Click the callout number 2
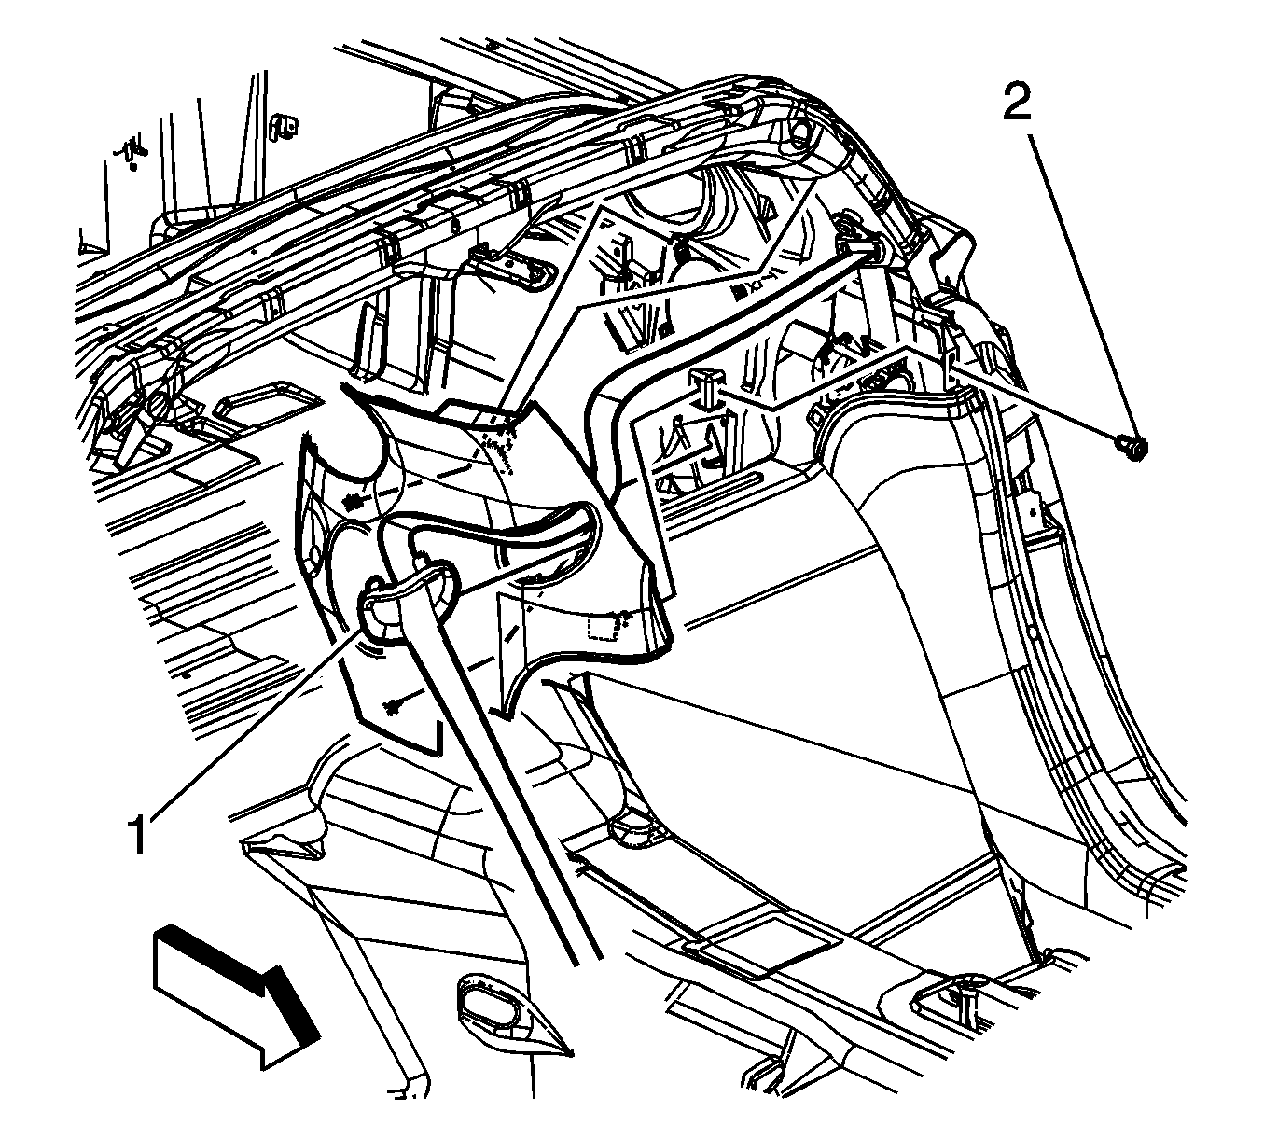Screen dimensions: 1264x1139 pyautogui.click(x=1017, y=103)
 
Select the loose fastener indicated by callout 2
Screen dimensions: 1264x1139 pyautogui.click(x=1133, y=448)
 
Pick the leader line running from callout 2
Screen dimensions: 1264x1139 pyautogui.click(x=1081, y=283)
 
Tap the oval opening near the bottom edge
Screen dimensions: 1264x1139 pyautogui.click(x=487, y=1012)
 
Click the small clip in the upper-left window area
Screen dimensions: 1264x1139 pyautogui.click(x=284, y=130)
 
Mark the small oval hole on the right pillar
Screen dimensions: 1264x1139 pyautogui.click(x=1032, y=502)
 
